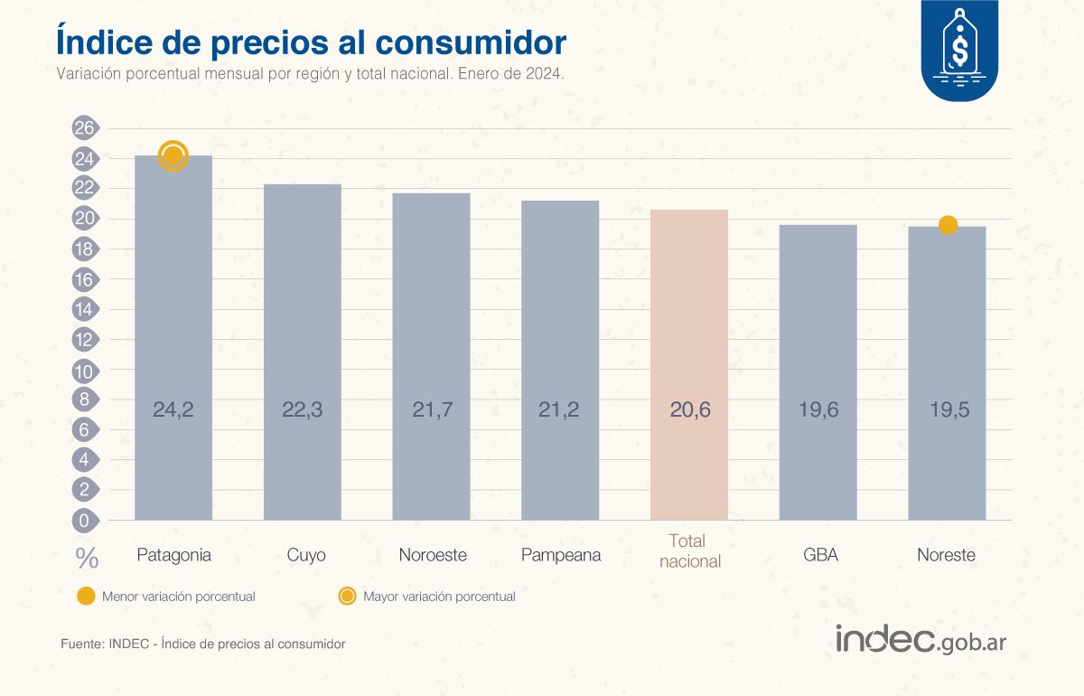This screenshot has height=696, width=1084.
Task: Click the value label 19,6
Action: pos(818,409)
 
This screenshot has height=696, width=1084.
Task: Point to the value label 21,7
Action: pos(431,409)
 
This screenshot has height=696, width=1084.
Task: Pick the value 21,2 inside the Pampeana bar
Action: pos(560,409)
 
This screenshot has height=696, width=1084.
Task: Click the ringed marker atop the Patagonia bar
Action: pos(173,156)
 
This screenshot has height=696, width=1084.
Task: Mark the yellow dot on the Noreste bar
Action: pos(948,225)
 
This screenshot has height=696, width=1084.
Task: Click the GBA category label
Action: pos(820,555)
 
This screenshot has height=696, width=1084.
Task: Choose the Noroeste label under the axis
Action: pos(433,555)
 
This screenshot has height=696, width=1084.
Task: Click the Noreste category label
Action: pos(947,555)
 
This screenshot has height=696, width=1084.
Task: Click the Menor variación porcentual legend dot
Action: pos(86,597)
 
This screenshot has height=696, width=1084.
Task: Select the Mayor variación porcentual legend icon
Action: pos(347,597)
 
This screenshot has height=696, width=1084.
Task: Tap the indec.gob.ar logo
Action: pos(920,639)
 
